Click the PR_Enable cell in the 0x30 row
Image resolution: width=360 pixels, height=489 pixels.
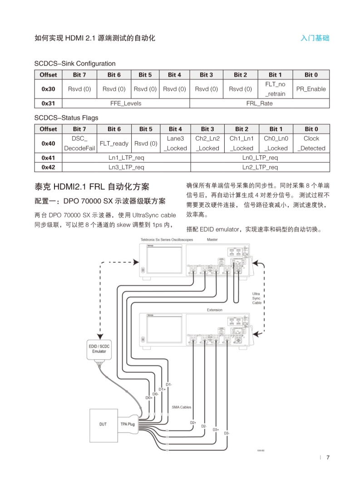(x=311, y=89)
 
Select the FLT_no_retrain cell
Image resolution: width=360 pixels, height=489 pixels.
(x=275, y=89)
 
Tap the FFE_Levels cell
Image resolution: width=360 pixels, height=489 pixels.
(x=126, y=104)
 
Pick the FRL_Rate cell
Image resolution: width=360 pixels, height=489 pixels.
(x=259, y=104)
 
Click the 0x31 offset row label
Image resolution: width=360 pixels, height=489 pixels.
(x=48, y=104)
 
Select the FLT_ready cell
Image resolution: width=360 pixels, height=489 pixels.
(x=114, y=143)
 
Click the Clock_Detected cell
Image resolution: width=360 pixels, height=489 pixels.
(x=311, y=143)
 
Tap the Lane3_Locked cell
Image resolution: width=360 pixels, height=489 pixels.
(x=175, y=143)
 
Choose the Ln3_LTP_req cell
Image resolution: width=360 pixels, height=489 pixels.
(x=126, y=168)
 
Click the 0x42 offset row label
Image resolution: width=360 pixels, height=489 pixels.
(x=48, y=168)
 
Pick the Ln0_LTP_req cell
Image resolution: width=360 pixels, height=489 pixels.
(x=260, y=158)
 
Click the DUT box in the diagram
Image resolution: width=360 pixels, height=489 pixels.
(x=103, y=424)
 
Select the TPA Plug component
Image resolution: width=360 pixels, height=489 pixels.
(x=128, y=424)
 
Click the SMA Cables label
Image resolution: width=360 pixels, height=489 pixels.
(x=182, y=407)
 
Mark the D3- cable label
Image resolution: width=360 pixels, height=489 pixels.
(x=226, y=434)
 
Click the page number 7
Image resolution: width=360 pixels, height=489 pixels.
(x=328, y=457)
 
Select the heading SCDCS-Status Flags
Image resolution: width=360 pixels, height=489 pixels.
(x=66, y=118)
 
